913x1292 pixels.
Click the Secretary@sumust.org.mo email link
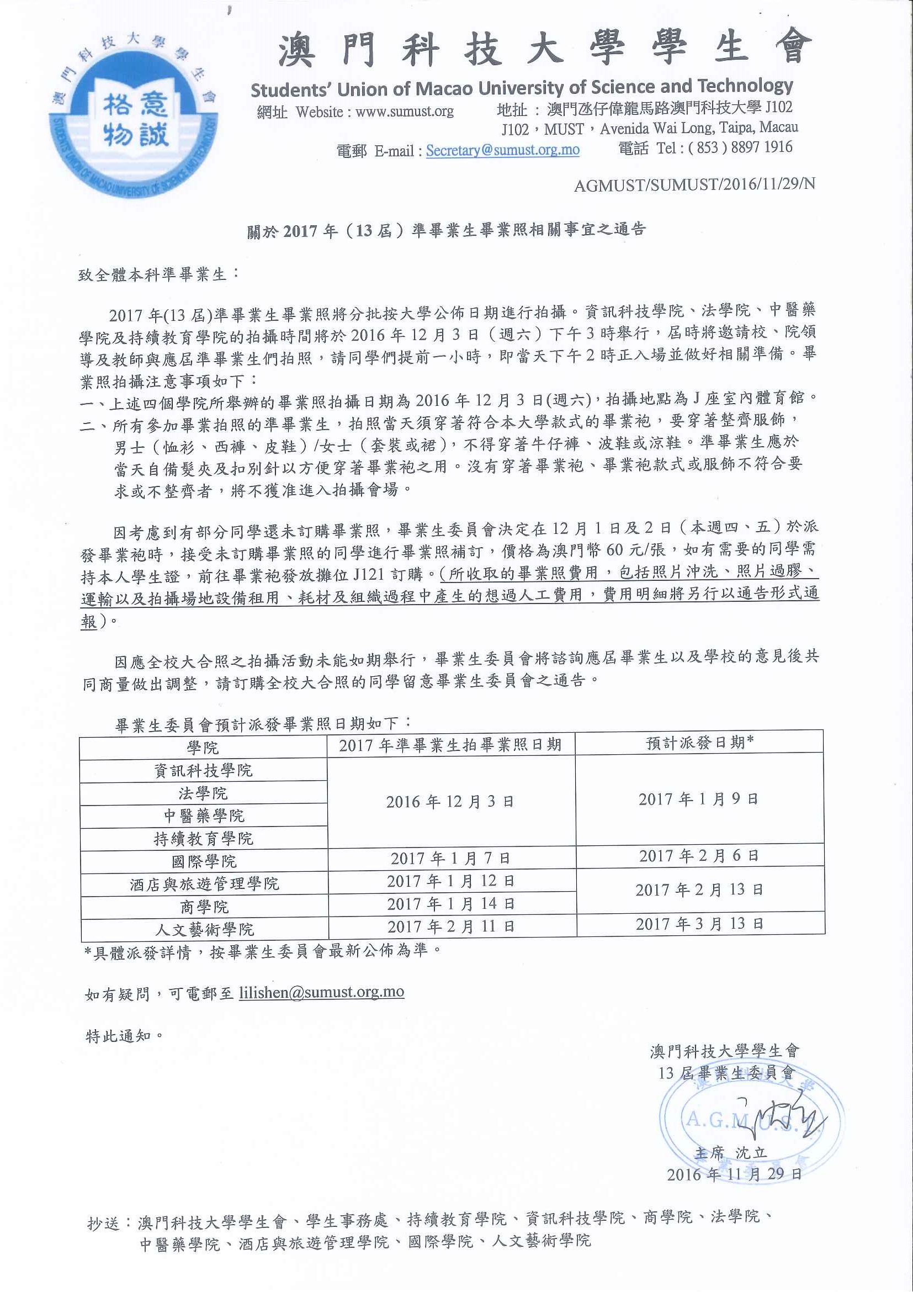[502, 150]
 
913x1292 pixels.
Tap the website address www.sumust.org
[405, 112]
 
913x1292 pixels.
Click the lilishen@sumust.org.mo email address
[321, 992]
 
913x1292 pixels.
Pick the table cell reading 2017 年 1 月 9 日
[698, 799]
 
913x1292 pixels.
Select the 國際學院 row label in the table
[204, 861]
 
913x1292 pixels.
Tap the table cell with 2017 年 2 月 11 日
[450, 926]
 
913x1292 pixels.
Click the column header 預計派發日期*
[699, 743]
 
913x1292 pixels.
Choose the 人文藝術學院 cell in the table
[204, 929]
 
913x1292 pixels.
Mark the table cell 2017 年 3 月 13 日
[699, 924]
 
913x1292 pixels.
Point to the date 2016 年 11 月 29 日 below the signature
[734, 1174]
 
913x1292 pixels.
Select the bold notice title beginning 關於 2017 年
[445, 230]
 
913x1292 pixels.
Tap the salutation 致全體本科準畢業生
[158, 274]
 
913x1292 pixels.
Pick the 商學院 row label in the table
[204, 907]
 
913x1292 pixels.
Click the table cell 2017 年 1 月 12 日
[450, 881]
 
